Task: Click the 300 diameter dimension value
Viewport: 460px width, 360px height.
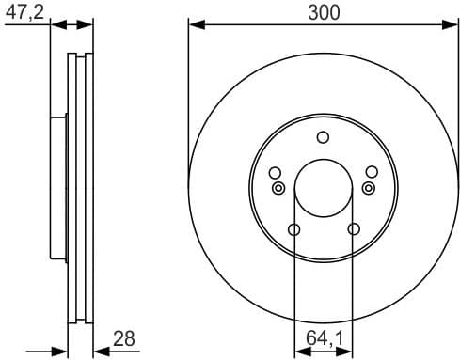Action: (x=324, y=11)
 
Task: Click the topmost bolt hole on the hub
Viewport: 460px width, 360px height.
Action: (x=324, y=137)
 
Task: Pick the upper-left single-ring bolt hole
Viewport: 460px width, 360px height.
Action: (x=275, y=172)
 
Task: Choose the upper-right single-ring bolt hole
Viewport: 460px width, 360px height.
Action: (x=372, y=172)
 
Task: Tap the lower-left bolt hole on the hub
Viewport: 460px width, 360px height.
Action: (x=293, y=229)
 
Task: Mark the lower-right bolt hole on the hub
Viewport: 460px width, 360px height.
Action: (x=354, y=229)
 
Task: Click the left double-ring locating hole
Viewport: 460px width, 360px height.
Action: (x=278, y=188)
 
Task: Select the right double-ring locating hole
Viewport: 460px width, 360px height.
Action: (x=369, y=188)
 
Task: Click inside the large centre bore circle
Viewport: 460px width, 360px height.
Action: (x=324, y=188)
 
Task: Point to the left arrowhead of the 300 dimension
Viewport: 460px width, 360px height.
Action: (x=195, y=24)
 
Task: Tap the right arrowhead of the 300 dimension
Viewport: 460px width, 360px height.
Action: (x=452, y=24)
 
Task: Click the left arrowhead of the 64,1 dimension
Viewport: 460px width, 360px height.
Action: (x=299, y=351)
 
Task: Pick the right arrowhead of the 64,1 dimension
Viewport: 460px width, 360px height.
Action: (x=348, y=351)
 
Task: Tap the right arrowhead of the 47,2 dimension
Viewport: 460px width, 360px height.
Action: (x=88, y=24)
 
